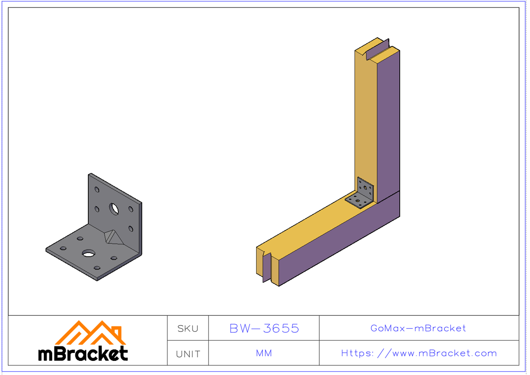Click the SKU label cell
(x=188, y=328)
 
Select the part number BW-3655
(x=264, y=328)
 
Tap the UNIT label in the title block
(x=188, y=354)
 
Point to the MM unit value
(x=264, y=353)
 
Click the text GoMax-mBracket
(x=418, y=328)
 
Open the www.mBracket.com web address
(x=419, y=353)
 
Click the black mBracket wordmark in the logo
(x=83, y=353)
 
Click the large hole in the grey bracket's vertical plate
(x=114, y=208)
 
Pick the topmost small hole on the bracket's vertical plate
(x=97, y=189)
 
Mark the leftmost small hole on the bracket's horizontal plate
(x=63, y=248)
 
